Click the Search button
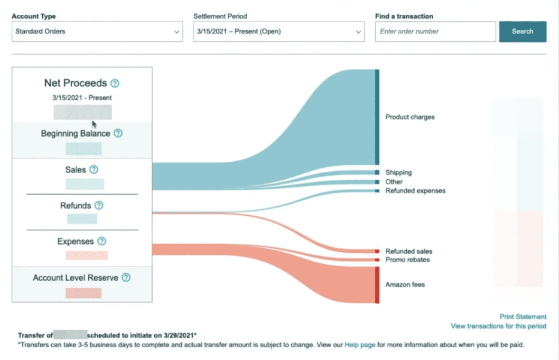(522, 31)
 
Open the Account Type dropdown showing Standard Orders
(97, 32)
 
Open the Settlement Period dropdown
(279, 32)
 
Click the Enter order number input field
(435, 32)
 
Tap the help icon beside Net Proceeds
(115, 83)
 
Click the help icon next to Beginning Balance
(118, 134)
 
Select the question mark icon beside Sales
(94, 169)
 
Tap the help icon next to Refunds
(99, 205)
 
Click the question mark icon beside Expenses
(102, 241)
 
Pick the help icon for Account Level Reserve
(126, 278)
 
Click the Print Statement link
(523, 316)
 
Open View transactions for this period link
(498, 326)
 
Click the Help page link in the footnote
(360, 345)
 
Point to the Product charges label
(410, 117)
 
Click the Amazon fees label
(405, 285)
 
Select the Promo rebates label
(408, 260)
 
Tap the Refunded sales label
(409, 251)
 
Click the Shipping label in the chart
(399, 173)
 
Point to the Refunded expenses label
(415, 191)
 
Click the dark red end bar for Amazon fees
(377, 285)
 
